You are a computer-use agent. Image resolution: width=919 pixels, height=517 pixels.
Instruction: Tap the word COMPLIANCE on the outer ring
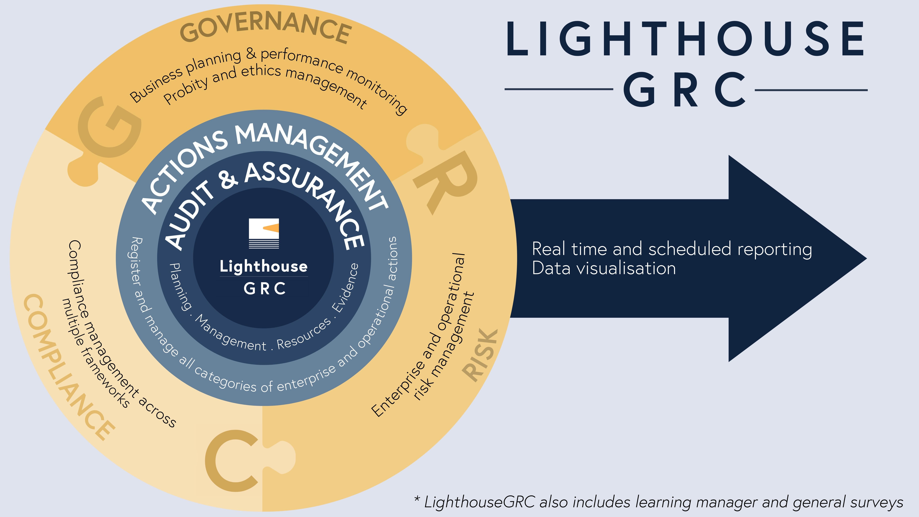click(68, 367)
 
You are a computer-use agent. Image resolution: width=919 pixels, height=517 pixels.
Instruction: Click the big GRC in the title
click(684, 90)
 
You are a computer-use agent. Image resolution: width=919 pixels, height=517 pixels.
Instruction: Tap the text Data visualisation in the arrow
click(604, 268)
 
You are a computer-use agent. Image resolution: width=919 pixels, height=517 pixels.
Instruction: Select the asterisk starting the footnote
click(417, 499)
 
